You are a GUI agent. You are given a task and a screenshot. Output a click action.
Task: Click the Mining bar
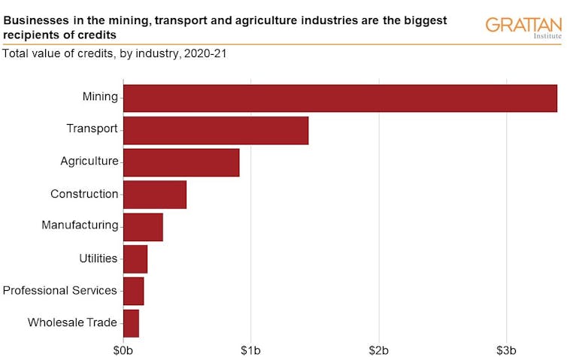coord(340,98)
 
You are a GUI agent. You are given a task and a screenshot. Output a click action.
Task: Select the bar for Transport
coord(216,130)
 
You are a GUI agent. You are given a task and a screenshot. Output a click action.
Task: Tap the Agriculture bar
coord(181,162)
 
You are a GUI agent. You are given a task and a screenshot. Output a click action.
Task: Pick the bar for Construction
coord(155,195)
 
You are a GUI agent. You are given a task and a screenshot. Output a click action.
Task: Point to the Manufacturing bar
coord(143,227)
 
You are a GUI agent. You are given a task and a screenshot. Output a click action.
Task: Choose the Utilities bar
coord(135,259)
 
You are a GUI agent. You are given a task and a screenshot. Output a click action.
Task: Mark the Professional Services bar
coord(133,291)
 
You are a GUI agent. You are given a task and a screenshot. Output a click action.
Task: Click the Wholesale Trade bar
coord(131,323)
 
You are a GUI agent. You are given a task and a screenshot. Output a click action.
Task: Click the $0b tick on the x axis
coord(123,351)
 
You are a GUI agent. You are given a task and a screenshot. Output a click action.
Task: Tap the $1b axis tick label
coord(250,351)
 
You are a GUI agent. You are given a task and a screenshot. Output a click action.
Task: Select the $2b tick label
coord(378,351)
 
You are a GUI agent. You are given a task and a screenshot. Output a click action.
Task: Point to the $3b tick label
coord(506,351)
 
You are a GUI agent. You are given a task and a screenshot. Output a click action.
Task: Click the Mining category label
coord(100,97)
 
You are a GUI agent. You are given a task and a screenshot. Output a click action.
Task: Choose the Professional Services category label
coord(60,291)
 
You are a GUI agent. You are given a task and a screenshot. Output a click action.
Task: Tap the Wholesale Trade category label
coord(72,323)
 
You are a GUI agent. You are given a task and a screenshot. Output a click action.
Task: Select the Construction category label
coord(84,194)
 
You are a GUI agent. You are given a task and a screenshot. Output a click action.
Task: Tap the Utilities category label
coord(99,259)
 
